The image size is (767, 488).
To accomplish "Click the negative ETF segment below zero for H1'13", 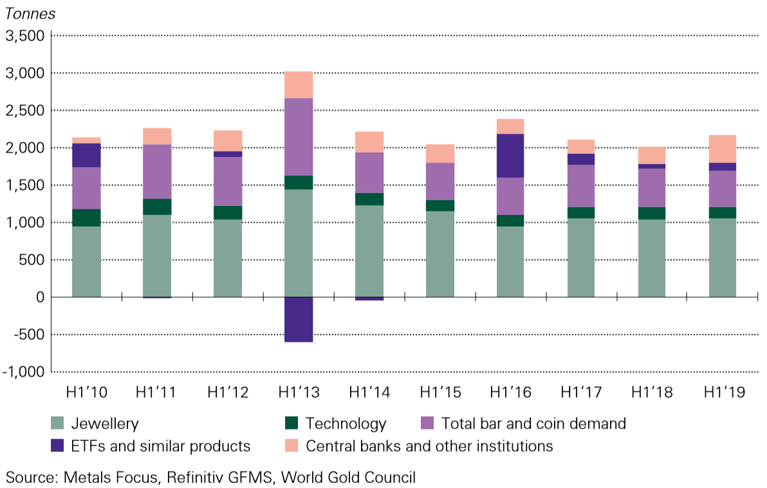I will click(298, 319).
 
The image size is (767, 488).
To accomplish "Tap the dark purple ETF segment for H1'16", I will click(510, 155).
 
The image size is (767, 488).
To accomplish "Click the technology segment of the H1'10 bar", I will click(86, 218).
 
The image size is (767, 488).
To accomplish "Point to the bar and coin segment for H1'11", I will click(156, 171).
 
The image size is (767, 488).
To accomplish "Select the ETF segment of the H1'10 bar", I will click(86, 155).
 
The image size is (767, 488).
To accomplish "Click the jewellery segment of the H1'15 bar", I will click(439, 254).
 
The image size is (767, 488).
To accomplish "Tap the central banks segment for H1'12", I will click(227, 140).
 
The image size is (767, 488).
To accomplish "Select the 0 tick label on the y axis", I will click(39, 297).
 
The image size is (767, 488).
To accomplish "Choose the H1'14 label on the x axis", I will click(369, 392).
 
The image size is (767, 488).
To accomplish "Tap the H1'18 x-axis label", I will click(652, 392).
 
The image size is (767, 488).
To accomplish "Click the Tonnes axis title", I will click(30, 14).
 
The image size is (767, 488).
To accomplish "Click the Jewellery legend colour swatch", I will click(59, 424).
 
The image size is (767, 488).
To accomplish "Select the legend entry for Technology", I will click(346, 424).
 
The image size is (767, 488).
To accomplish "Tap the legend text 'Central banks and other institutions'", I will click(429, 446).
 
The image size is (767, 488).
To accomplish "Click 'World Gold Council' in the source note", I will click(351, 477).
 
